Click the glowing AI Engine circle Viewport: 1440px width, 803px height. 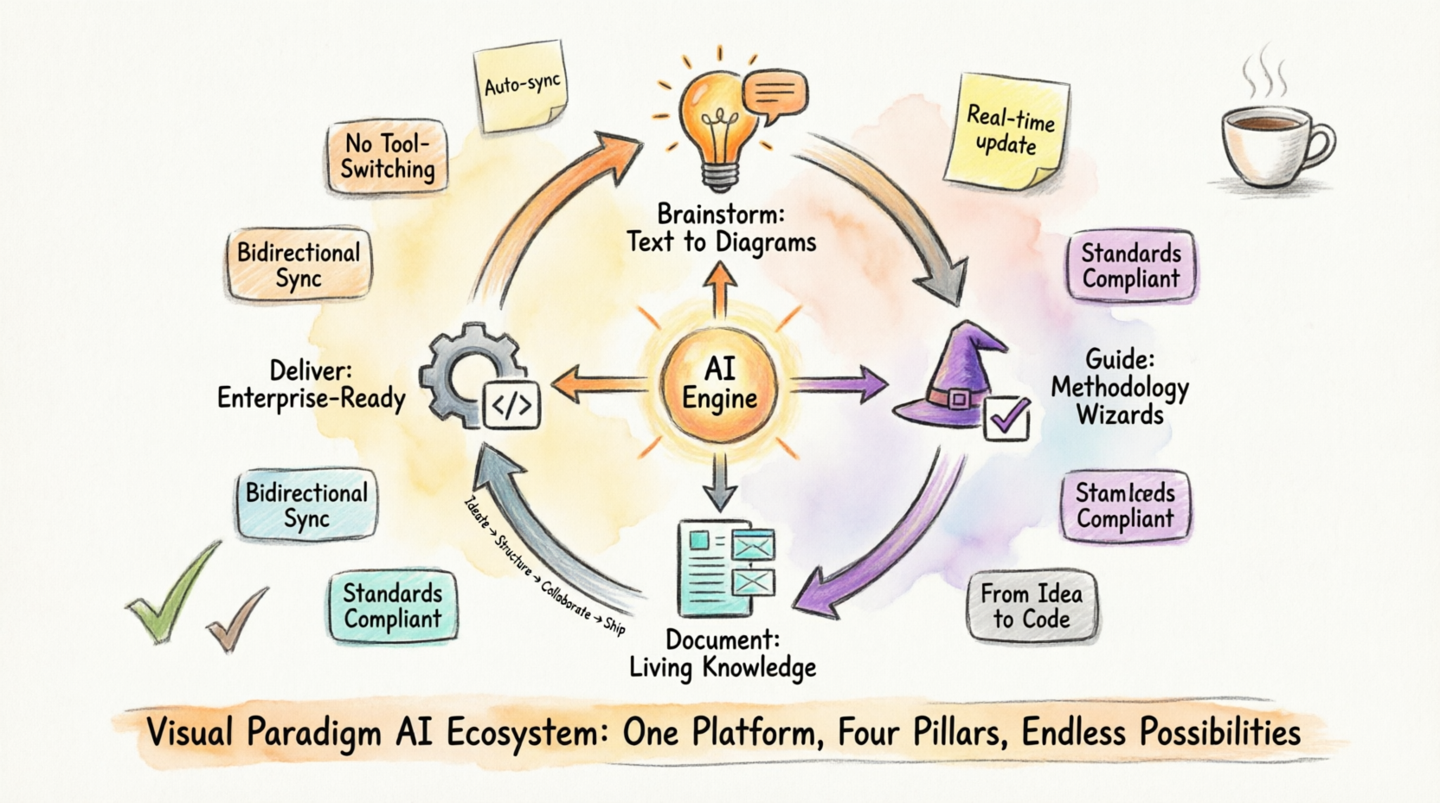tap(719, 384)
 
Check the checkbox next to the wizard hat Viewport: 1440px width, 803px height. tap(1007, 419)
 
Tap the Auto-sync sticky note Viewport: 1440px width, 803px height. tap(522, 87)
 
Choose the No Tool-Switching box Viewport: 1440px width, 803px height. tap(388, 157)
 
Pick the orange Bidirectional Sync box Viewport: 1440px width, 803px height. tap(299, 265)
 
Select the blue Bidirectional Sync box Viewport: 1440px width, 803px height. tap(307, 505)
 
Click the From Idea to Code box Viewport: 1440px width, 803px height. tap(1031, 606)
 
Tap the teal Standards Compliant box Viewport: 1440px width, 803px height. tap(393, 606)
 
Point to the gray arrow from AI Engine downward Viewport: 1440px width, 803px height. tap(719, 479)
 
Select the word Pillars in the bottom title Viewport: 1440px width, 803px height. tap(959, 733)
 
